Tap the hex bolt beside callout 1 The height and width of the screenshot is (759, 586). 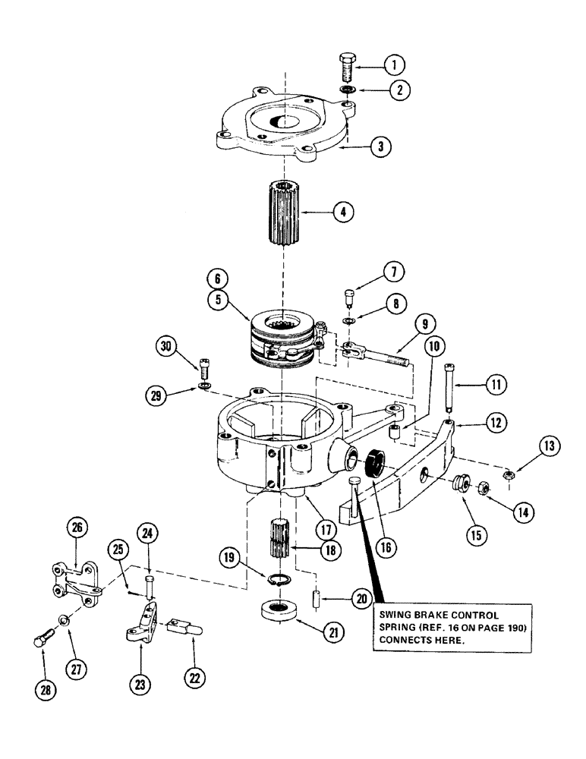346,69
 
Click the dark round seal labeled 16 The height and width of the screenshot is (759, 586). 376,462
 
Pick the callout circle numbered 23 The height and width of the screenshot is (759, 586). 142,683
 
